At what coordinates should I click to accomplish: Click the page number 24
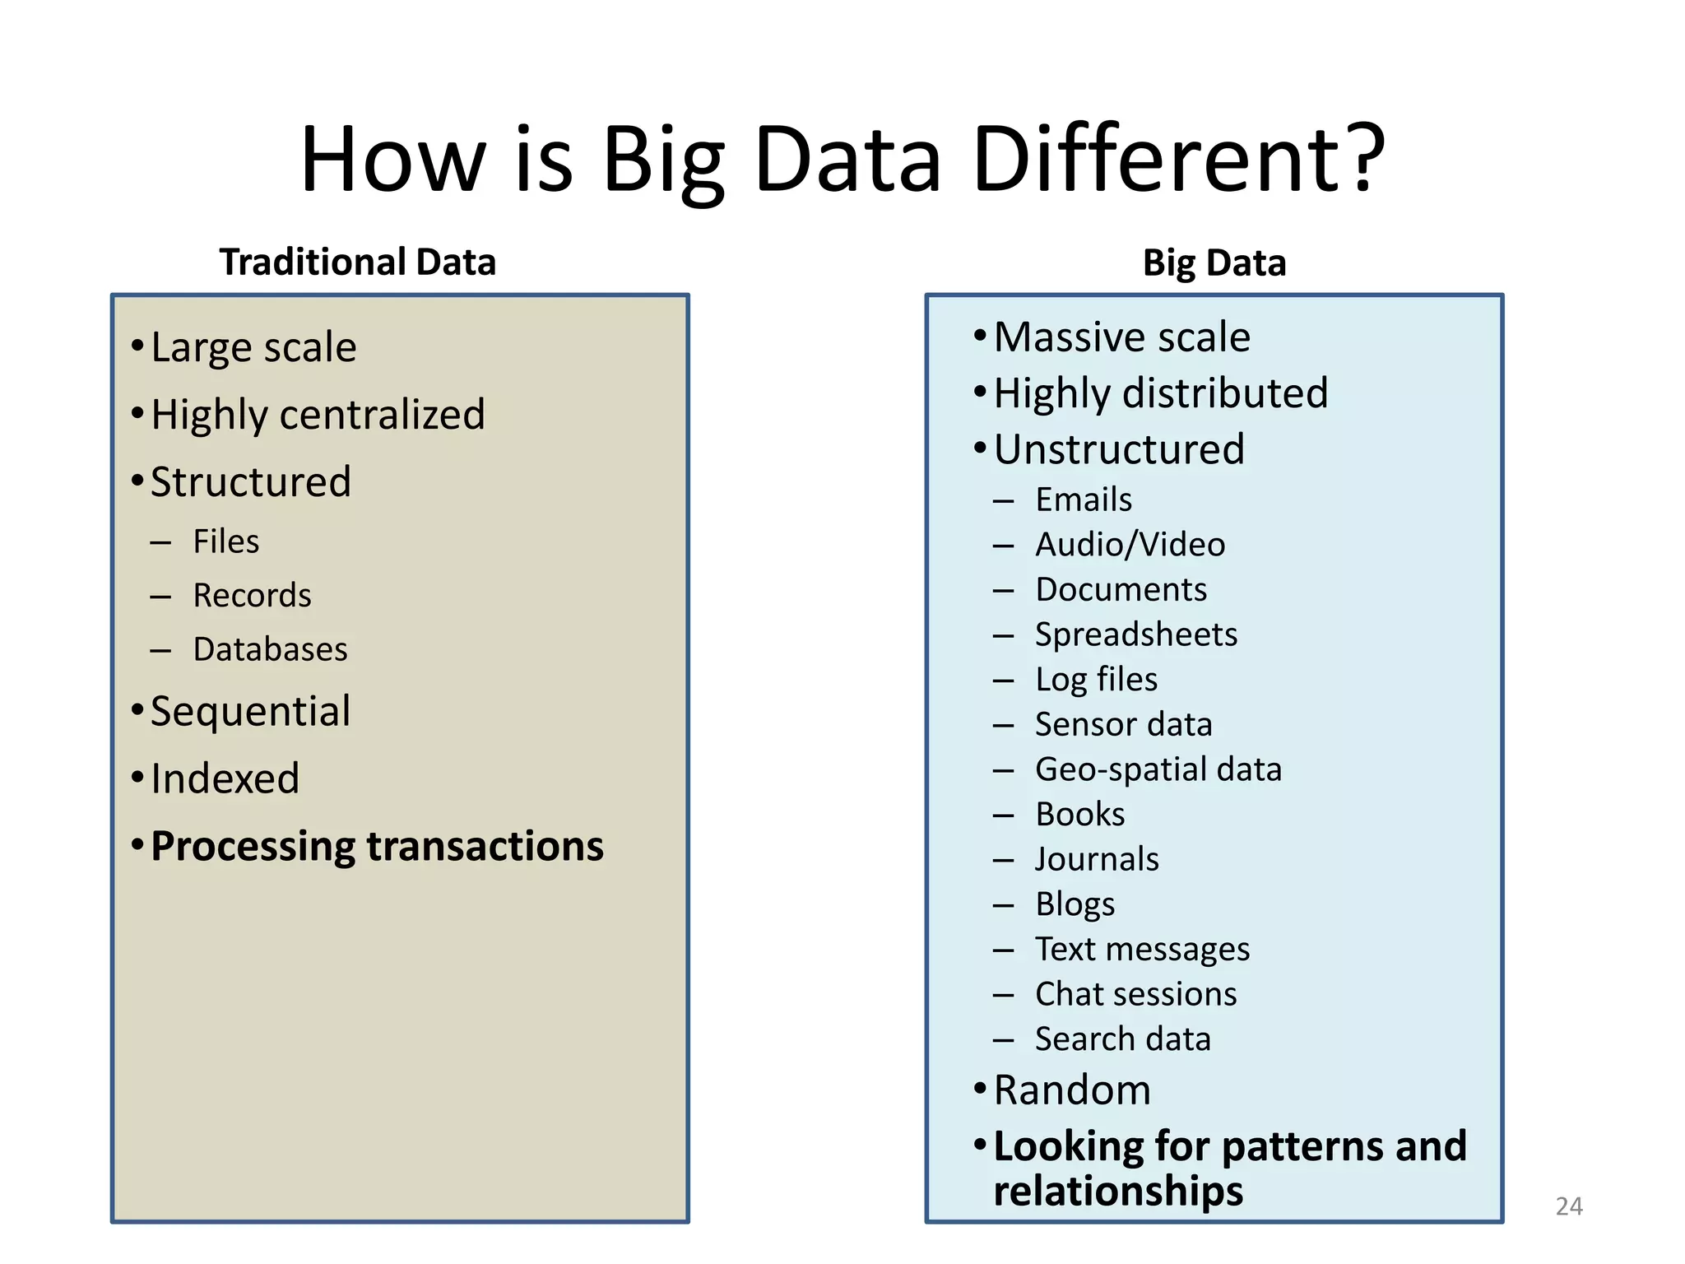1568,1206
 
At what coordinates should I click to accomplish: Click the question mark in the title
1359,158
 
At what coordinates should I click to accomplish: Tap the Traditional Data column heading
357,263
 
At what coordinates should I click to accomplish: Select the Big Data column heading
1214,263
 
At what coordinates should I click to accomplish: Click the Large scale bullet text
253,347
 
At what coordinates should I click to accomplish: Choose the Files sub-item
226,542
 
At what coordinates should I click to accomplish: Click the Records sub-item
252,596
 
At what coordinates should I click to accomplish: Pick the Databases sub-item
270,650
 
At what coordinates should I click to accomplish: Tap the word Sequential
250,712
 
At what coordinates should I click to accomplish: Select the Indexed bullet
225,779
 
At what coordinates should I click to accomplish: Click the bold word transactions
485,847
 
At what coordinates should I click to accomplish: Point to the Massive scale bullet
1121,337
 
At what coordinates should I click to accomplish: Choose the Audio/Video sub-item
1130,545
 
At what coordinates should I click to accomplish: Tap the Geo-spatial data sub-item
1158,770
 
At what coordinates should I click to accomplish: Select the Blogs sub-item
1075,905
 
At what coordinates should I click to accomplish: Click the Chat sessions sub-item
1135,995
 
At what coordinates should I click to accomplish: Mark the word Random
1072,1090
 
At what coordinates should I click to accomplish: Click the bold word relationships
1118,1192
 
